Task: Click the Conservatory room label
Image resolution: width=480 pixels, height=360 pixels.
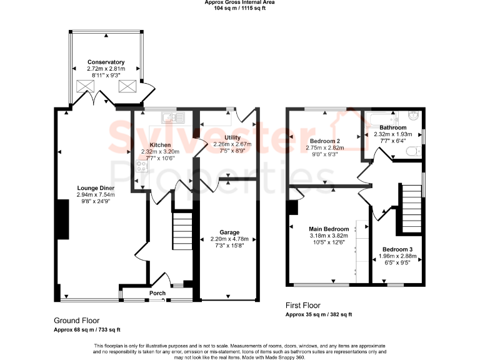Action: pyautogui.click(x=106, y=62)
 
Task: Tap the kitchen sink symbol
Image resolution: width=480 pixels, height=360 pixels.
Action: pyautogui.click(x=170, y=117)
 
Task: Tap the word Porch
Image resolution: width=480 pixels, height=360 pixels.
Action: pyautogui.click(x=157, y=293)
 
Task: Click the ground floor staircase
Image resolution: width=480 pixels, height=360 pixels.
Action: pyautogui.click(x=182, y=231)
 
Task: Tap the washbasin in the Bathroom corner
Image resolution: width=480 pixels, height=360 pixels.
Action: pyautogui.click(x=414, y=116)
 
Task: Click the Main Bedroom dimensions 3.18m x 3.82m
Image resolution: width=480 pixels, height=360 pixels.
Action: pyautogui.click(x=328, y=236)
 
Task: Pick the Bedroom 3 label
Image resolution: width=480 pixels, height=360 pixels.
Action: pyautogui.click(x=397, y=249)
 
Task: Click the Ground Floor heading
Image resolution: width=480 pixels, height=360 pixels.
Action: pyautogui.click(x=77, y=321)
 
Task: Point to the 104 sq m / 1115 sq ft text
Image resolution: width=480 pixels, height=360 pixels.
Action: pyautogui.click(x=239, y=9)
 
